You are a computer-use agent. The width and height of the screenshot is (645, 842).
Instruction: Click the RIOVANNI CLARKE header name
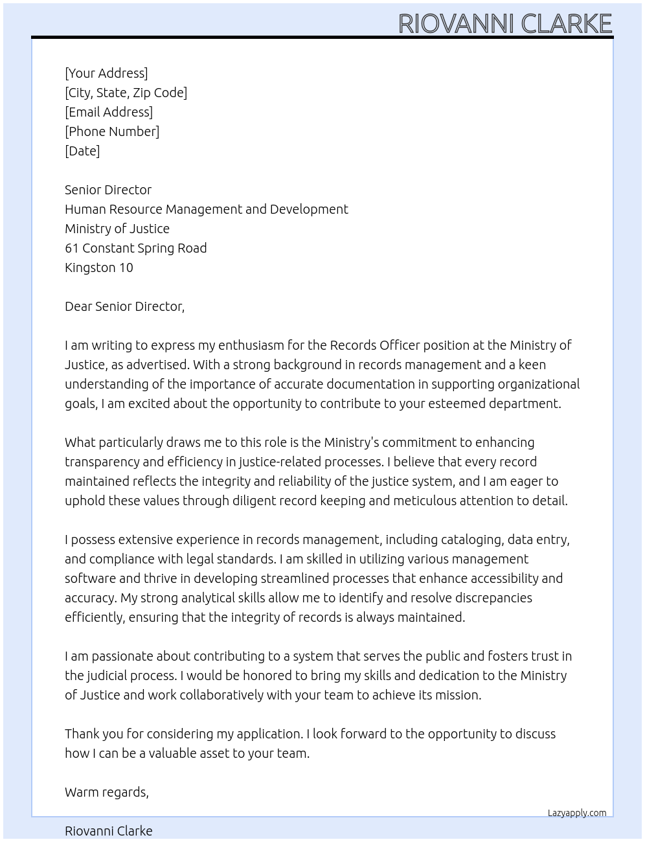[504, 24]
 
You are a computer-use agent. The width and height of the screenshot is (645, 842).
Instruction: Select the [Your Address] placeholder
[106, 73]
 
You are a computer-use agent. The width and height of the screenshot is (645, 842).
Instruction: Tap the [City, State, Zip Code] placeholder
[126, 93]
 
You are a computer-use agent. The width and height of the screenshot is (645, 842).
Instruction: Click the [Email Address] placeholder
[109, 112]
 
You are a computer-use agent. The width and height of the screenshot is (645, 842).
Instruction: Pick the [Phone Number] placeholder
[112, 131]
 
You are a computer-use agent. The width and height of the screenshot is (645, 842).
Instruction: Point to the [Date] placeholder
[82, 151]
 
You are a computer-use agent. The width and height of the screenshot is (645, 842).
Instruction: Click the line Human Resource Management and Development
[206, 209]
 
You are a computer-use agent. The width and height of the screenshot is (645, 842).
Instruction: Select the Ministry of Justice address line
[117, 229]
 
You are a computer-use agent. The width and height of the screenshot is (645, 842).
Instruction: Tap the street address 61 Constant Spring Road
[135, 248]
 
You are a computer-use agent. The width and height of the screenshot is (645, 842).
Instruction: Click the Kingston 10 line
[98, 267]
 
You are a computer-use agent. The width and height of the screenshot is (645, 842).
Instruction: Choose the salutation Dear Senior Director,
[124, 306]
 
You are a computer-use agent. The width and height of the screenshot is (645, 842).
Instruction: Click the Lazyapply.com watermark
[576, 813]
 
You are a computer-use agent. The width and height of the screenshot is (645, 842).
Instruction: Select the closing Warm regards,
[106, 792]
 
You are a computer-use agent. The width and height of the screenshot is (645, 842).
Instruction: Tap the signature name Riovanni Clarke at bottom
[108, 831]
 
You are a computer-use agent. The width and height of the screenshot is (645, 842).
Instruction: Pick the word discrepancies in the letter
[490, 598]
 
